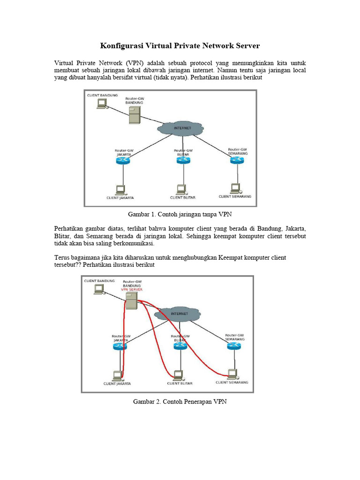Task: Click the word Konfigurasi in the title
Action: tap(121, 46)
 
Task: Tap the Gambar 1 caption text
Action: tap(180, 214)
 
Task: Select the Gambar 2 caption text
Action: tap(180, 402)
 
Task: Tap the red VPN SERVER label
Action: tap(132, 290)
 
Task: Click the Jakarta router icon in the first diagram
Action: tap(123, 161)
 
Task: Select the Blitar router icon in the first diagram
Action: tap(183, 160)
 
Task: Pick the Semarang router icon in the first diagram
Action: tap(237, 160)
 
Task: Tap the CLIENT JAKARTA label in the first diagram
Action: tap(120, 198)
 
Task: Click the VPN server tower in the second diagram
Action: tap(132, 301)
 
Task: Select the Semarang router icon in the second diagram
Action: tap(234, 345)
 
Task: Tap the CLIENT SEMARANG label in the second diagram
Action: tap(232, 382)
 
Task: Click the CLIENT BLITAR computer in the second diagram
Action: tap(178, 375)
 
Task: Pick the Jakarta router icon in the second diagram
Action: tap(120, 346)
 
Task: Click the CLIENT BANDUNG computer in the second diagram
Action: tap(99, 290)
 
